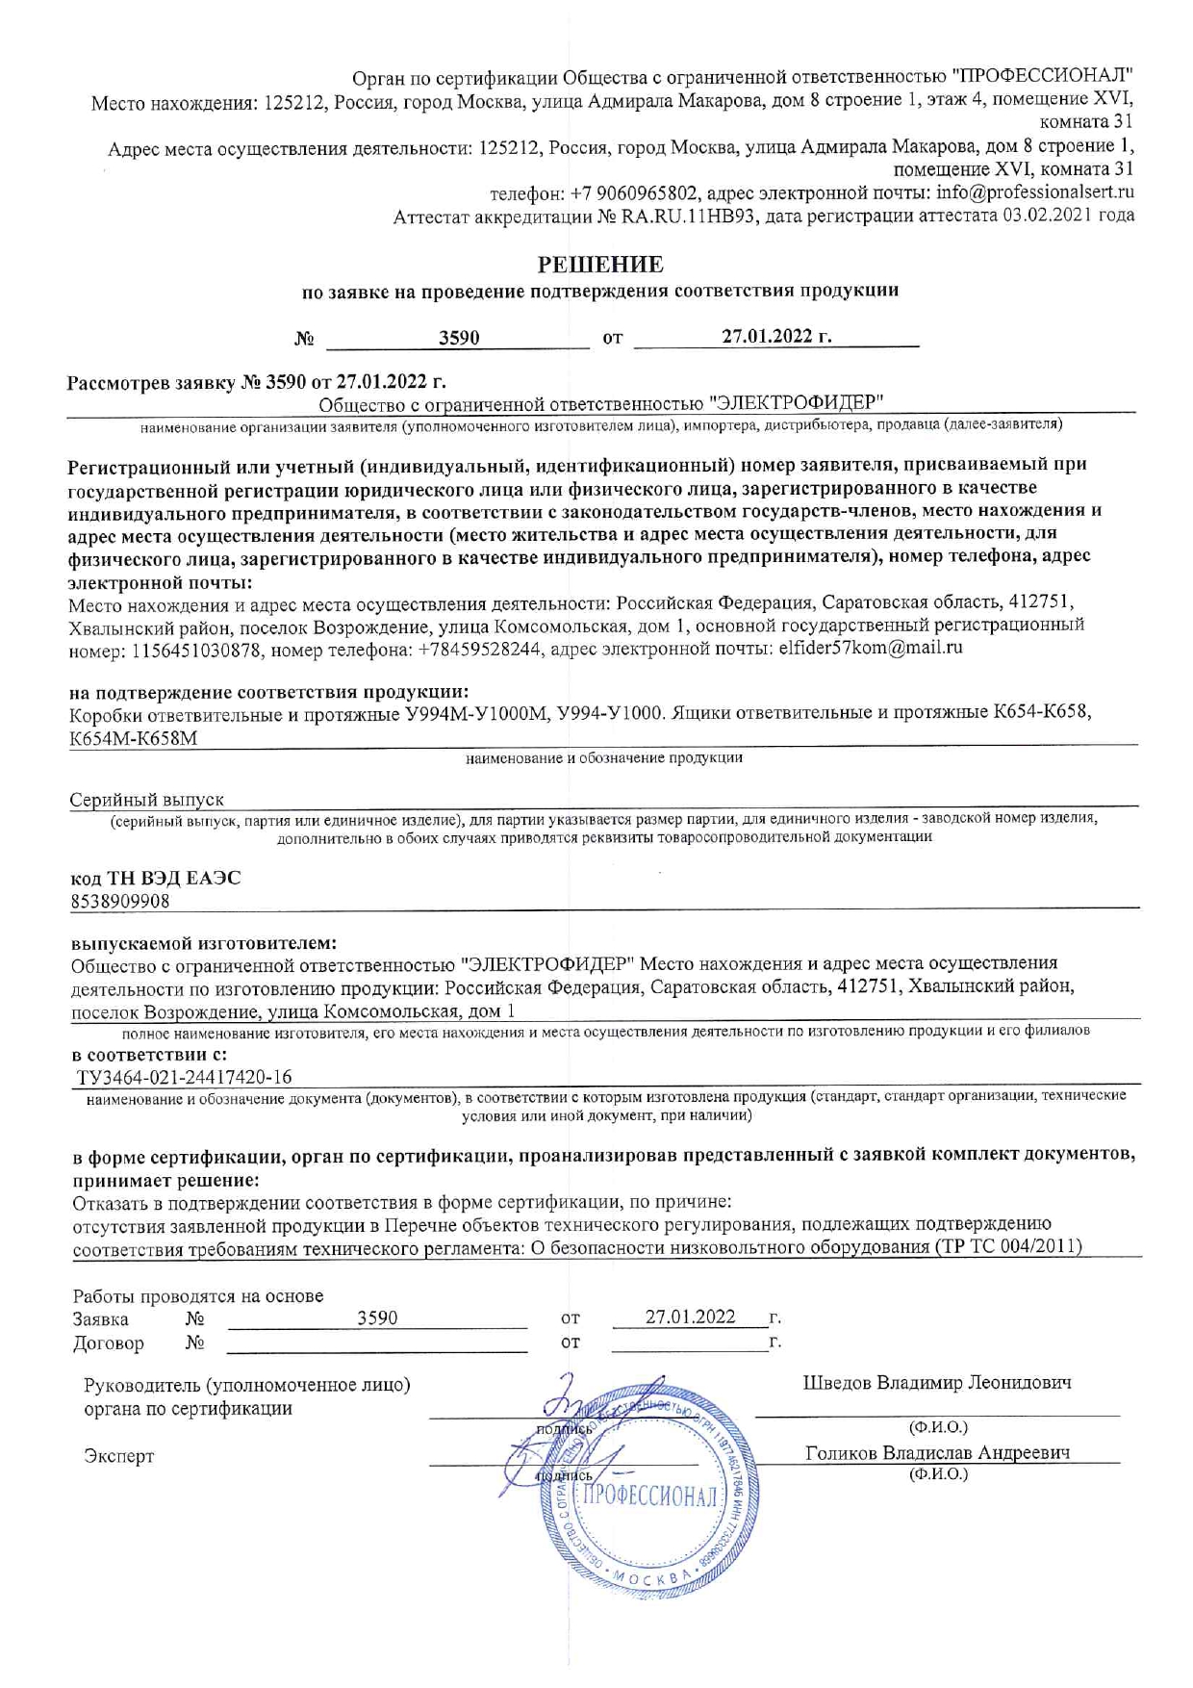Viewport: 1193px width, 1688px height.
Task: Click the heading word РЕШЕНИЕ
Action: [x=600, y=264]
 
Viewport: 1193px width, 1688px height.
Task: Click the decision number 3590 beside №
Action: [x=459, y=338]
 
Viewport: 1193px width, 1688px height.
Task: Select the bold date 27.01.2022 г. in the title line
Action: [x=776, y=336]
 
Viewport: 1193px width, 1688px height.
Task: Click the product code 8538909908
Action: [x=120, y=901]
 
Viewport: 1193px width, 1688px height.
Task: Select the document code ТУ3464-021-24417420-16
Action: [x=185, y=1077]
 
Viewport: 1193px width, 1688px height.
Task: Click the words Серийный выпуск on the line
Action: [x=147, y=800]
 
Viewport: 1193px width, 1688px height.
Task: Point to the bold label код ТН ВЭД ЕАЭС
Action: [x=156, y=878]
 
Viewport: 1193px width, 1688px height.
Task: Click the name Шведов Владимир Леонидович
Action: [x=937, y=1383]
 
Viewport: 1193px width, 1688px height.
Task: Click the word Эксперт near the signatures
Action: [x=118, y=1456]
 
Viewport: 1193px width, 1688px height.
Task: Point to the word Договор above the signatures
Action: [x=108, y=1343]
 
